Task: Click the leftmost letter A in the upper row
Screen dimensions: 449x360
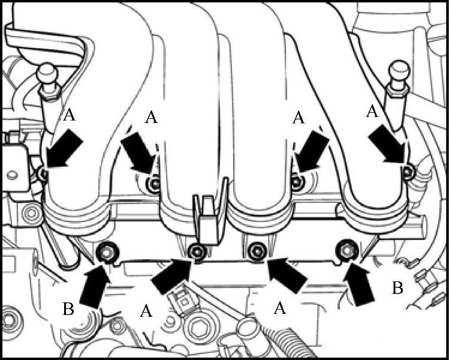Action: point(70,115)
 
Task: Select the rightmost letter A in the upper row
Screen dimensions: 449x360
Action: point(372,111)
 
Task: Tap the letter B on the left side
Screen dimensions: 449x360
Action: point(68,309)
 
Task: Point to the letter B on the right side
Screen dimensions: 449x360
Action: point(397,288)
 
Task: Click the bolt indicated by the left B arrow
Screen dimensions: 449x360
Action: point(107,253)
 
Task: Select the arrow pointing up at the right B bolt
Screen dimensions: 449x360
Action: point(358,284)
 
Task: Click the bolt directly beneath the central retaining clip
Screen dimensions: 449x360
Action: point(198,252)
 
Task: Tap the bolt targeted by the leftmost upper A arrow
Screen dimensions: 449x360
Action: point(44,173)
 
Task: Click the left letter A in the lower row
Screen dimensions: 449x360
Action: point(146,311)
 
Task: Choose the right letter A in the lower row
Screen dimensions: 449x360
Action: point(279,308)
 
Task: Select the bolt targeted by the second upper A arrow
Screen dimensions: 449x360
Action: point(154,184)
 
